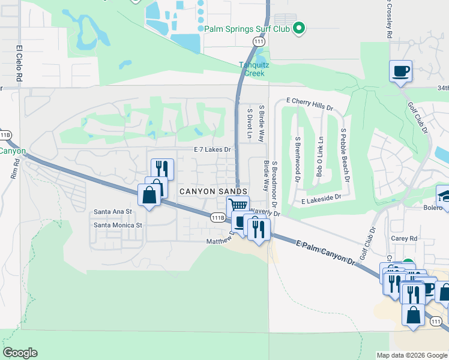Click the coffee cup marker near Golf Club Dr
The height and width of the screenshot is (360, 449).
(x=400, y=71)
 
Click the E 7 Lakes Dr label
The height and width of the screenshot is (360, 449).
(x=212, y=149)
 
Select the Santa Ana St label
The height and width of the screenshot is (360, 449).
(x=113, y=212)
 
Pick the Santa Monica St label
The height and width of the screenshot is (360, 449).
(x=117, y=226)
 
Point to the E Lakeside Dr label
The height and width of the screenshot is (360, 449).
(x=321, y=197)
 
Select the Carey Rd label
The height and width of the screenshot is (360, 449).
(x=404, y=238)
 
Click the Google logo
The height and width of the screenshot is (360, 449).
(x=20, y=353)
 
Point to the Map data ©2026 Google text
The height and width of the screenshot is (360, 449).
(x=411, y=355)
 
